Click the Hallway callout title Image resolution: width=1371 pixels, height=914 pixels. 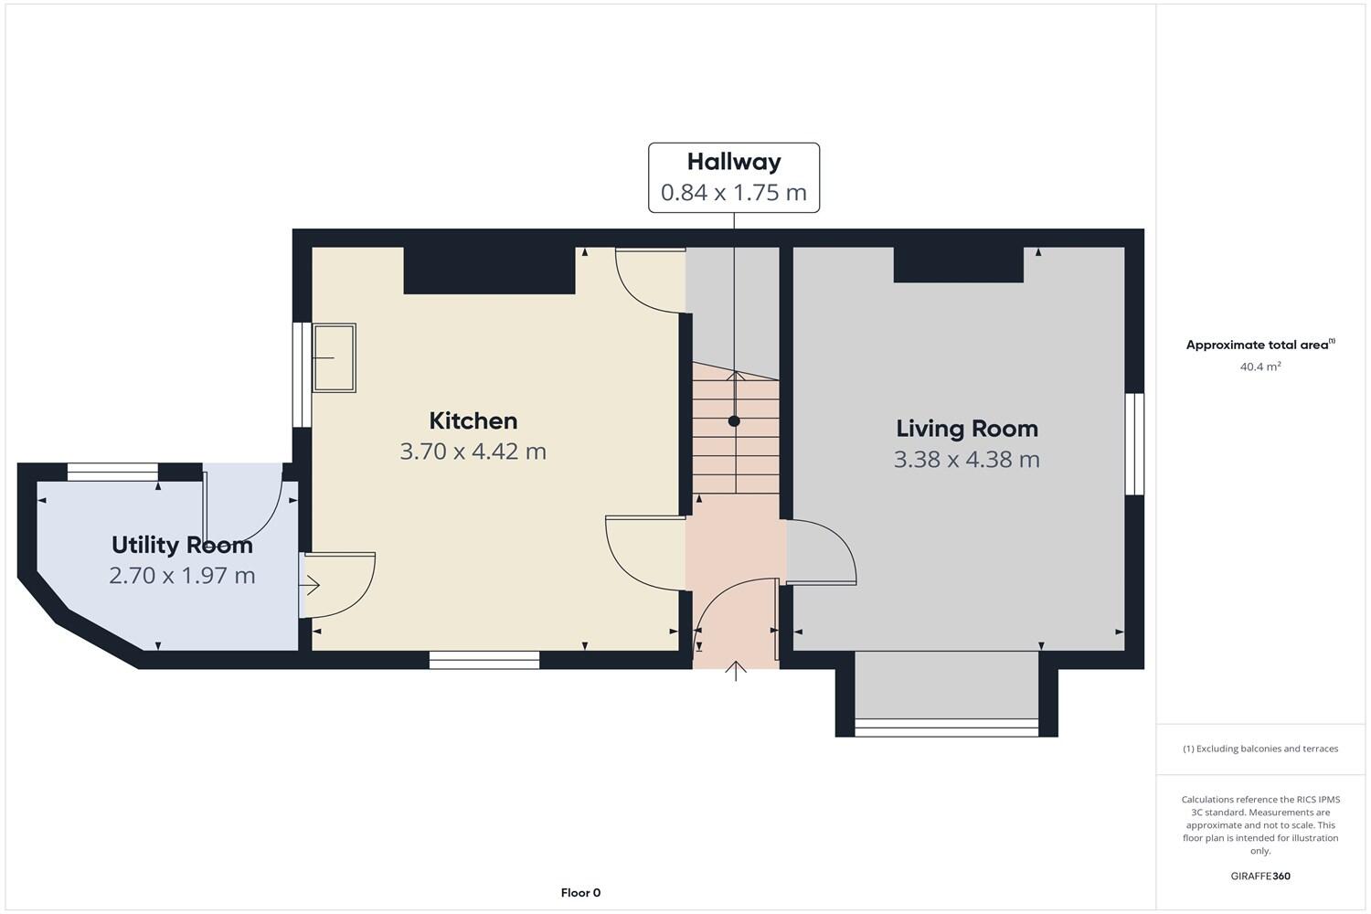point(734,162)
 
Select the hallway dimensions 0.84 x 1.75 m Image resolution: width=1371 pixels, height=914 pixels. point(734,193)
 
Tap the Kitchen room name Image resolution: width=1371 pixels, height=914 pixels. point(473,420)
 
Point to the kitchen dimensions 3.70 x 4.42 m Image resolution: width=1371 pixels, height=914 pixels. point(473,452)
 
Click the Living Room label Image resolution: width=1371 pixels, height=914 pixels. point(967,429)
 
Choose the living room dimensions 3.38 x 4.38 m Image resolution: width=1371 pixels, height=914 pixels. point(967,459)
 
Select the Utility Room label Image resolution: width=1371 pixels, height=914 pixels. point(182,545)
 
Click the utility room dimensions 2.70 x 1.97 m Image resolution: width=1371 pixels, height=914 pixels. point(182,576)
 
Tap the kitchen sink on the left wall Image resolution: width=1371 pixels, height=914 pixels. point(335,358)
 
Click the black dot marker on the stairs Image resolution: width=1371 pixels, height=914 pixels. point(734,421)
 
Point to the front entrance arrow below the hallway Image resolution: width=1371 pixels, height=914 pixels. point(737,671)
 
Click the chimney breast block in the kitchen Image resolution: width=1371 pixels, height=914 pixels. point(489,271)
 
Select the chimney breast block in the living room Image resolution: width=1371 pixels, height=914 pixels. point(958,265)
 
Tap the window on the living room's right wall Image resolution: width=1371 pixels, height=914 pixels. point(1134,444)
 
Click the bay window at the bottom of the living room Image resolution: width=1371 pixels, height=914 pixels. point(946,728)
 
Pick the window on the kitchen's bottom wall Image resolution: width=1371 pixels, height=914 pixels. point(484,660)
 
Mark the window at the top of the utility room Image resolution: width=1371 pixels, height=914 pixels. point(113,473)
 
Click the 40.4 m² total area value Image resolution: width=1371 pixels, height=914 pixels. point(1260,367)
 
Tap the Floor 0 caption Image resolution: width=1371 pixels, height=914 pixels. point(580,893)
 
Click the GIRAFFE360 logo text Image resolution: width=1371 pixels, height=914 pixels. point(1260,876)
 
